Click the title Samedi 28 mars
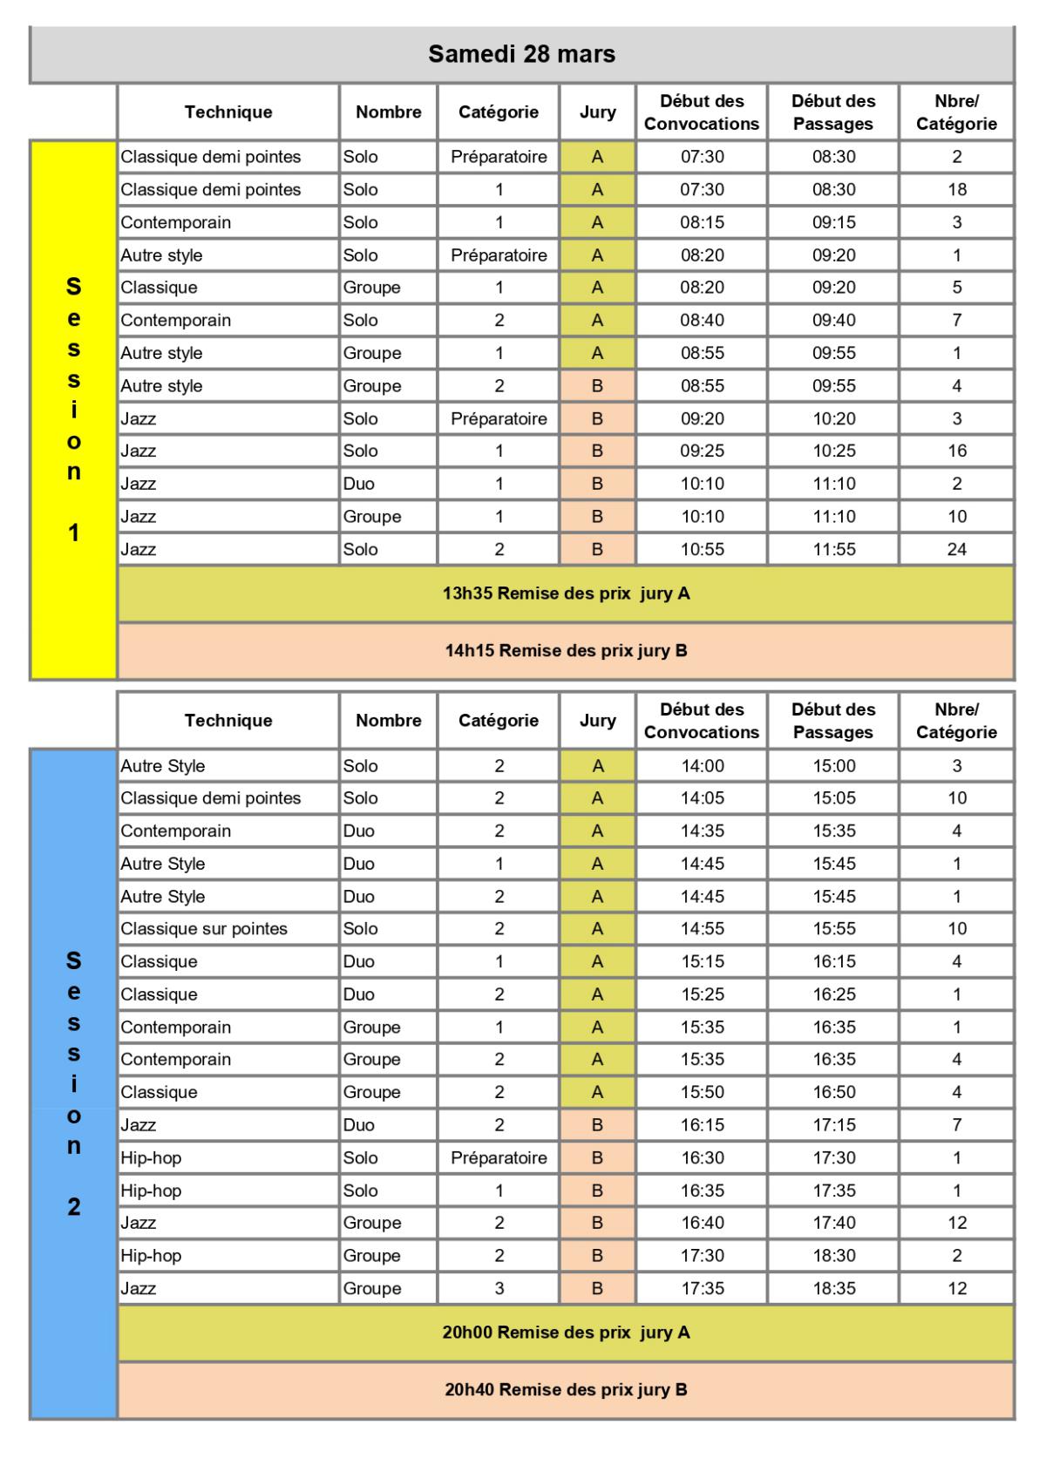pos(521,54)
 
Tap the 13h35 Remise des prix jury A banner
pos(566,594)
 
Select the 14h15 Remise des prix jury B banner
pos(566,650)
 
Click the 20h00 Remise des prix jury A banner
pos(566,1332)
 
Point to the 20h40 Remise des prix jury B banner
pos(566,1389)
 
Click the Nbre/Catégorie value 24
pos(956,549)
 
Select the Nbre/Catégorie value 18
pos(956,189)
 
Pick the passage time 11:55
pos(833,549)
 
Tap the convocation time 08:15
pos(702,222)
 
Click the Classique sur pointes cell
pos(204,929)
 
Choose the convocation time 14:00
pos(702,766)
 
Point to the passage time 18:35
pos(833,1288)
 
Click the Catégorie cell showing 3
pos(499,1288)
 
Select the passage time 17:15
pos(833,1125)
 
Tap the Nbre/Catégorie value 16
pos(956,451)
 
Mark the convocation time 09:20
pos(702,418)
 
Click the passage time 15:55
pos(833,929)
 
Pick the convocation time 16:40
pos(702,1223)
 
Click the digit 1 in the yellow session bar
pos(74,533)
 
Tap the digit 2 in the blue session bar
pos(74,1207)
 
